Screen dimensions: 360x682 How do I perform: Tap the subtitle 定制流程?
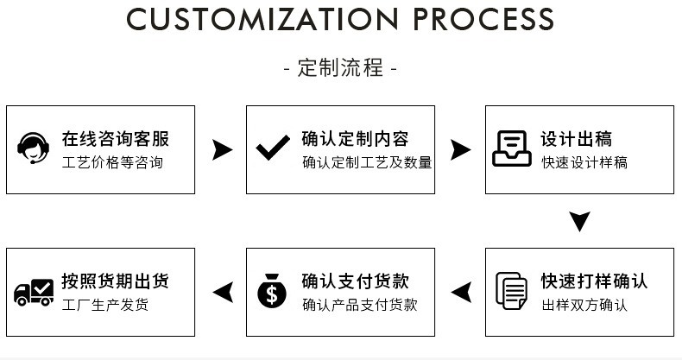click(340, 68)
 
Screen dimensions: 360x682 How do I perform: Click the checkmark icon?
click(273, 148)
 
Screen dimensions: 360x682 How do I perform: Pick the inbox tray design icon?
click(512, 148)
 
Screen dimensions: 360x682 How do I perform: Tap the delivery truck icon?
click(34, 292)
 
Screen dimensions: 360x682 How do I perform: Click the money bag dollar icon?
click(273, 292)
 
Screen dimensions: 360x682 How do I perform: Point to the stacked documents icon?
click(512, 291)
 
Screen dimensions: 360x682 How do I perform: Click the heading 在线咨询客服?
click(115, 139)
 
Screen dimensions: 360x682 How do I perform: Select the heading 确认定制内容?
click(355, 139)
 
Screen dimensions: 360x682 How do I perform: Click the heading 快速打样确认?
click(594, 281)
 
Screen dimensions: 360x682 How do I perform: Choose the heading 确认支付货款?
click(355, 281)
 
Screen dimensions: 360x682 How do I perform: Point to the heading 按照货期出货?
click(115, 281)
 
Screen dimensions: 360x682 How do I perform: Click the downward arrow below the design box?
click(580, 221)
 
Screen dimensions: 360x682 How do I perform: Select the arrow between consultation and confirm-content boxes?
click(222, 149)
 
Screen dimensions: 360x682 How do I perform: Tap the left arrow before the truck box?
click(222, 292)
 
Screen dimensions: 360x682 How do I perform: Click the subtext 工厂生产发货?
click(104, 305)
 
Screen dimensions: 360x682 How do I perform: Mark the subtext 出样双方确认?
click(584, 305)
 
